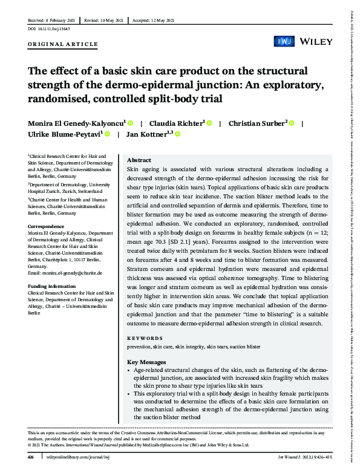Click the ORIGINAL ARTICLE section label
(63, 45)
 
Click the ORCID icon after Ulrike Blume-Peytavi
(107, 135)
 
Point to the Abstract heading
(139, 160)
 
